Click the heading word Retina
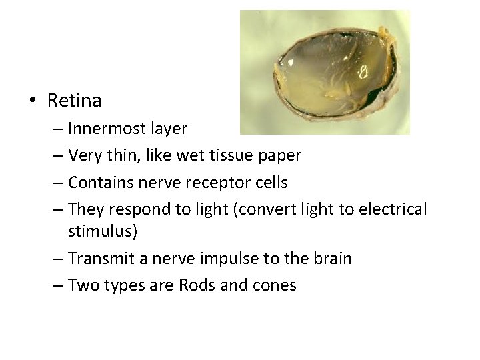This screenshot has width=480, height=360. pyautogui.click(x=75, y=101)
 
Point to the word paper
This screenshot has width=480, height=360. pyautogui.click(x=279, y=156)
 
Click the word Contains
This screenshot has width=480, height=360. pyautogui.click(x=98, y=181)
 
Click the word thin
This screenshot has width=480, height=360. pyautogui.click(x=122, y=155)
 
